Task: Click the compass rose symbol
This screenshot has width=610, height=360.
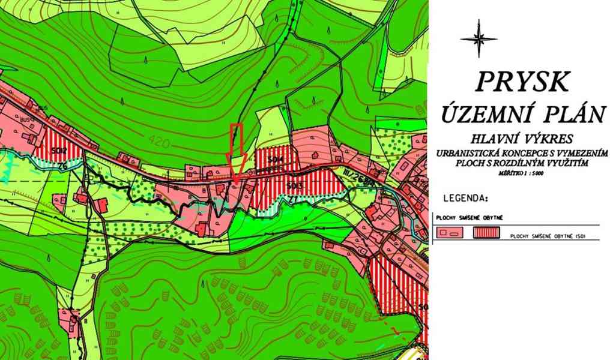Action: (x=479, y=38)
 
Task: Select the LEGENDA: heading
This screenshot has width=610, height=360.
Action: (x=465, y=197)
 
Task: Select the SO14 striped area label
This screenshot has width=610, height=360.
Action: (x=276, y=160)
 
